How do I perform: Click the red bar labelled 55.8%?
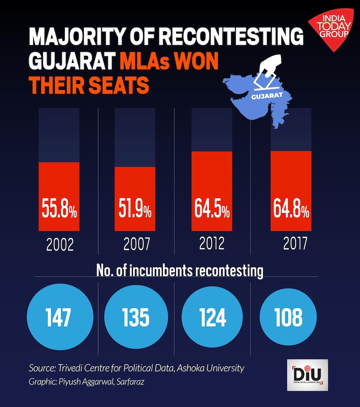click(59, 197)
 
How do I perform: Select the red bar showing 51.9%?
click(135, 199)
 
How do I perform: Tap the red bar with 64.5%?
click(212, 191)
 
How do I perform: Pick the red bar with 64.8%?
click(291, 191)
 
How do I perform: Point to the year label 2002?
click(60, 246)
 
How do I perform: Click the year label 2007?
click(136, 246)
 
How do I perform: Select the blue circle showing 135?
click(135, 318)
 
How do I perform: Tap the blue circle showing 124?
click(212, 318)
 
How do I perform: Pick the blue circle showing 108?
click(288, 318)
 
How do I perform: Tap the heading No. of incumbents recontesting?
click(180, 271)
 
